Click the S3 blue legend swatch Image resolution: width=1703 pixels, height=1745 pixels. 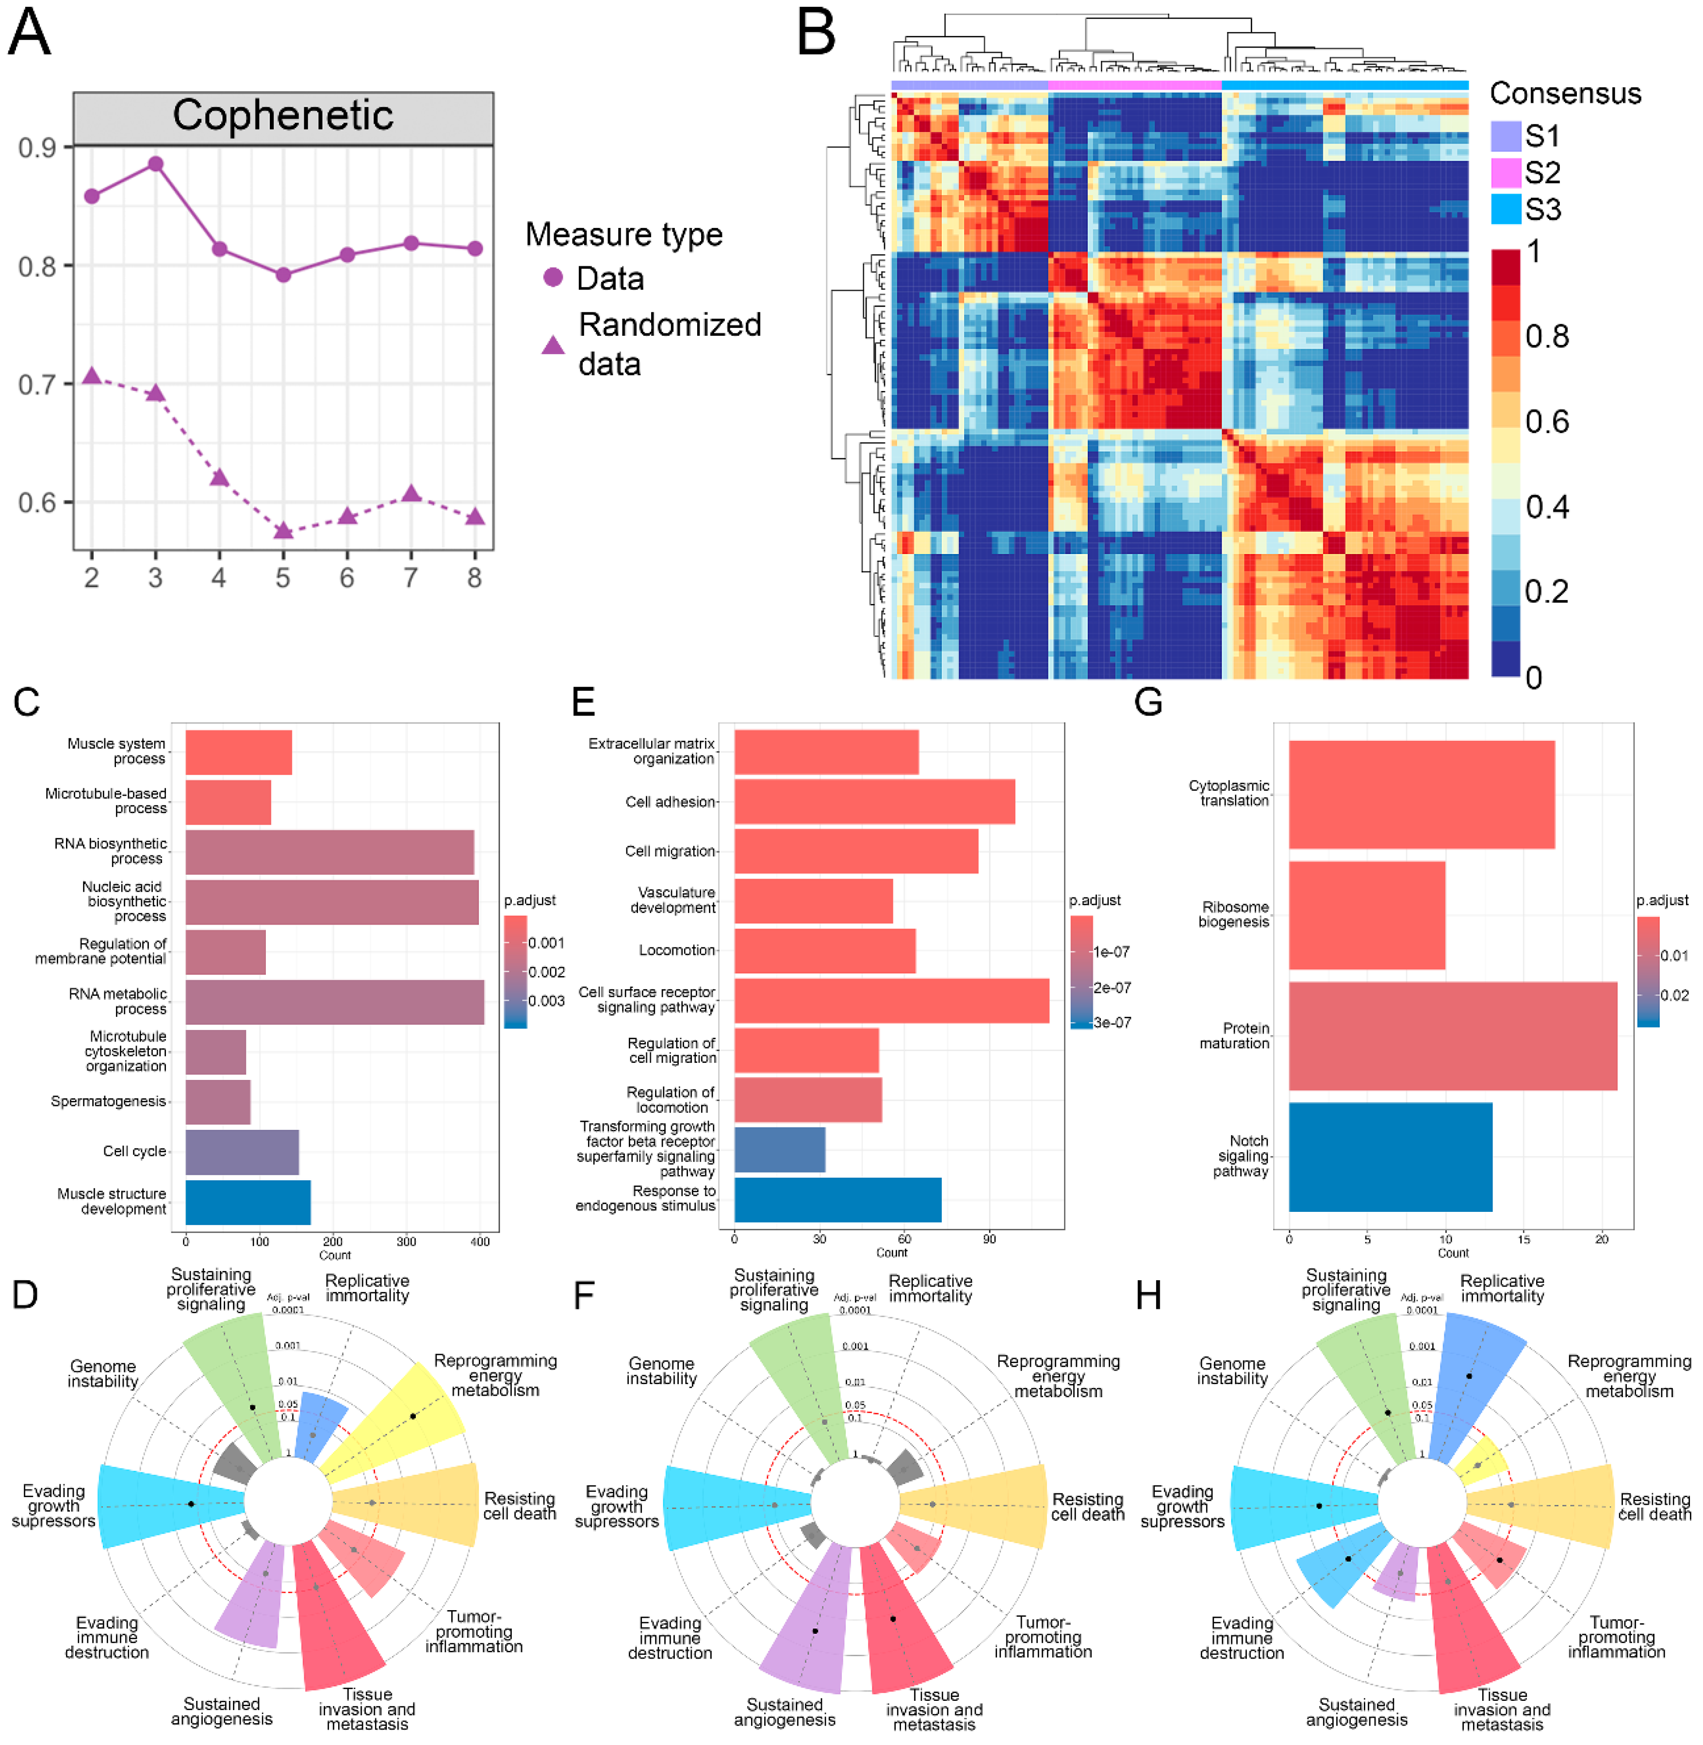pos(1506,209)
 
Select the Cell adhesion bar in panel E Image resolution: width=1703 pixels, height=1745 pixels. pos(874,801)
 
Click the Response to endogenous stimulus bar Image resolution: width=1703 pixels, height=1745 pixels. pos(837,1199)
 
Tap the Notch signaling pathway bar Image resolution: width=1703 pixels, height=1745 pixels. pos(1390,1157)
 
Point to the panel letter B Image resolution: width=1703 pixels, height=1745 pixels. pos(816,33)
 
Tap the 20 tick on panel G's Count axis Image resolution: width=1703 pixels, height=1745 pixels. pos(1601,1239)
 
